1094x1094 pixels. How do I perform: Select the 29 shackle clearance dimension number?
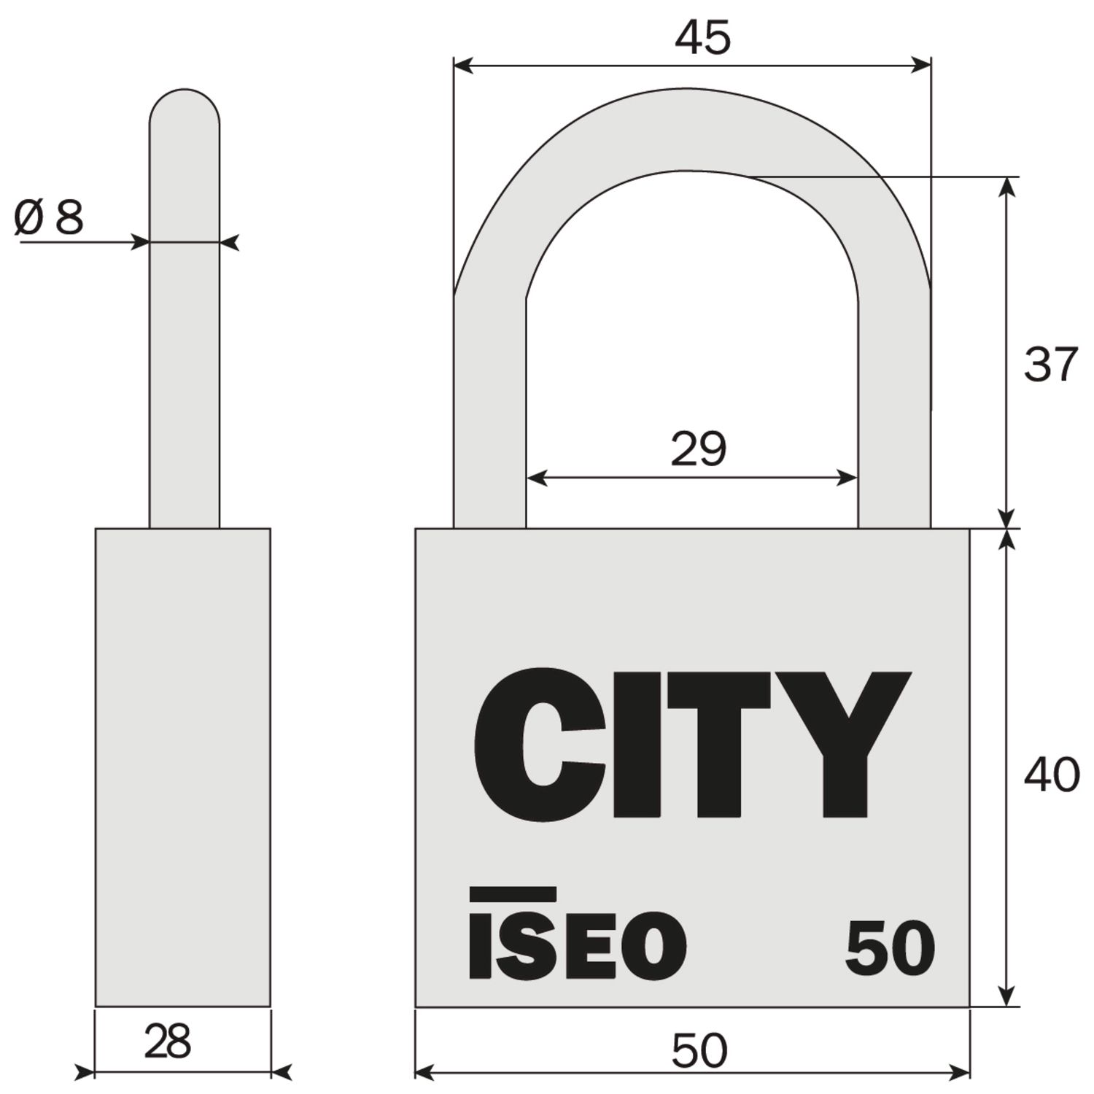699,449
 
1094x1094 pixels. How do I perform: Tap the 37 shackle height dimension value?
1051,364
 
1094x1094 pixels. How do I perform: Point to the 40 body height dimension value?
1052,775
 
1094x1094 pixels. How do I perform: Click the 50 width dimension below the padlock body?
699,1051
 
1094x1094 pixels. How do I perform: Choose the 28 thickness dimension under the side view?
168,1041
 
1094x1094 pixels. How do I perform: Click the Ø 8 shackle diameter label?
49,217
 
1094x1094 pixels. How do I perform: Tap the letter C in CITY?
540,742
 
